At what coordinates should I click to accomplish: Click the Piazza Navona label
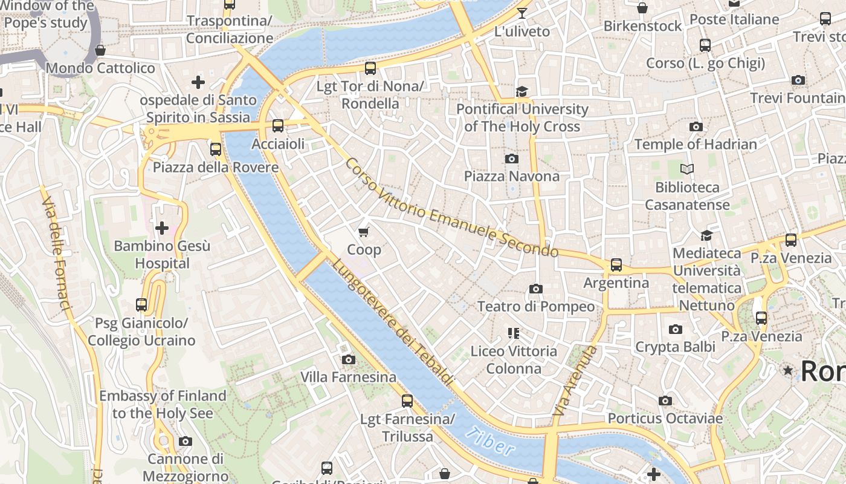pos(511,176)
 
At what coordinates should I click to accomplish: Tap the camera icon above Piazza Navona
pos(511,159)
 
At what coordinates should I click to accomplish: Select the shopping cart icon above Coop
pos(363,232)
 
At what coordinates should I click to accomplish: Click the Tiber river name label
pos(491,442)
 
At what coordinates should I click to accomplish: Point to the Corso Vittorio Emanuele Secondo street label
pos(451,207)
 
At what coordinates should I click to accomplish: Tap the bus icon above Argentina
pos(616,264)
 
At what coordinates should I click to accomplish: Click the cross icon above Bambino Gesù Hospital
pos(162,228)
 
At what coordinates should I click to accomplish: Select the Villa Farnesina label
pos(349,377)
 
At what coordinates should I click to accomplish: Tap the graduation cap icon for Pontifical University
pos(521,91)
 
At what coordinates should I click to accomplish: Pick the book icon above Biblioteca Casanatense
pos(686,169)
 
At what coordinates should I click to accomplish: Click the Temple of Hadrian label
pos(695,144)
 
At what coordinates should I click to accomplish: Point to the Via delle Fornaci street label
pos(57,249)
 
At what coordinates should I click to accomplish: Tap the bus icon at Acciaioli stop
pos(277,126)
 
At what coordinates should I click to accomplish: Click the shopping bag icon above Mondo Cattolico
pos(100,50)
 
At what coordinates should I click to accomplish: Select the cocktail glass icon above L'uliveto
pos(522,13)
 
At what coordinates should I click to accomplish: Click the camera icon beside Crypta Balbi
pos(676,329)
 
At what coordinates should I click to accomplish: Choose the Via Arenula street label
pos(574,381)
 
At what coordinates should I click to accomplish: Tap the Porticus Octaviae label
pos(665,418)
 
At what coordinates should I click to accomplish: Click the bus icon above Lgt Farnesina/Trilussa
pos(407,401)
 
